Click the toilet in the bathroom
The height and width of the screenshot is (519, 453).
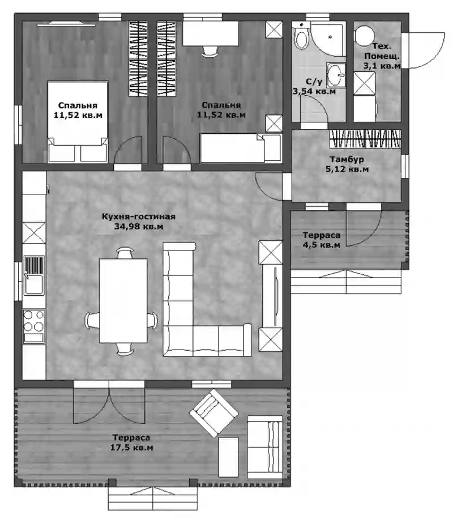coord(301,37)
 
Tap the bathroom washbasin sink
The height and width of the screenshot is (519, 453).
coord(336,75)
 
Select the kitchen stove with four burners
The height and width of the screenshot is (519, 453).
coord(34,326)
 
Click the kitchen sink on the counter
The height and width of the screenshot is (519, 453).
coord(34,275)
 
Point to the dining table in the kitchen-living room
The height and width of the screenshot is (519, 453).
coord(123,301)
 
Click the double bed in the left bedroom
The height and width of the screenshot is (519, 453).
coord(78,122)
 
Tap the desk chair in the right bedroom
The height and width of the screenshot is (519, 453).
coord(211,52)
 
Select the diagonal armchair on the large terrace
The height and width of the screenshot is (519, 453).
coord(214,412)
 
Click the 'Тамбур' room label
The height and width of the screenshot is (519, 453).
coord(347,159)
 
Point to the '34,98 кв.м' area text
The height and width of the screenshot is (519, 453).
coord(139,227)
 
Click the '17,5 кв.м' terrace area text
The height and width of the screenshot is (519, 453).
coord(132,448)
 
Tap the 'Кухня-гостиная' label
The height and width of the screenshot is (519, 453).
coord(138,216)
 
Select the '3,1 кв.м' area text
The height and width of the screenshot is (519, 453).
coord(382,66)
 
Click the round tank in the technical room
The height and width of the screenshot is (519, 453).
coord(364,36)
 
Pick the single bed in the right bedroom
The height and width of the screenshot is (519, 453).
coord(241,148)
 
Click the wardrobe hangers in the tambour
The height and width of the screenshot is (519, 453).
coord(365,138)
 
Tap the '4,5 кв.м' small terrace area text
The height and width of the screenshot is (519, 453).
coord(321,245)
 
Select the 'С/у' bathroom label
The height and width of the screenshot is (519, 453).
coord(314,82)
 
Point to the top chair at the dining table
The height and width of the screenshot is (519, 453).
coord(125,253)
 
